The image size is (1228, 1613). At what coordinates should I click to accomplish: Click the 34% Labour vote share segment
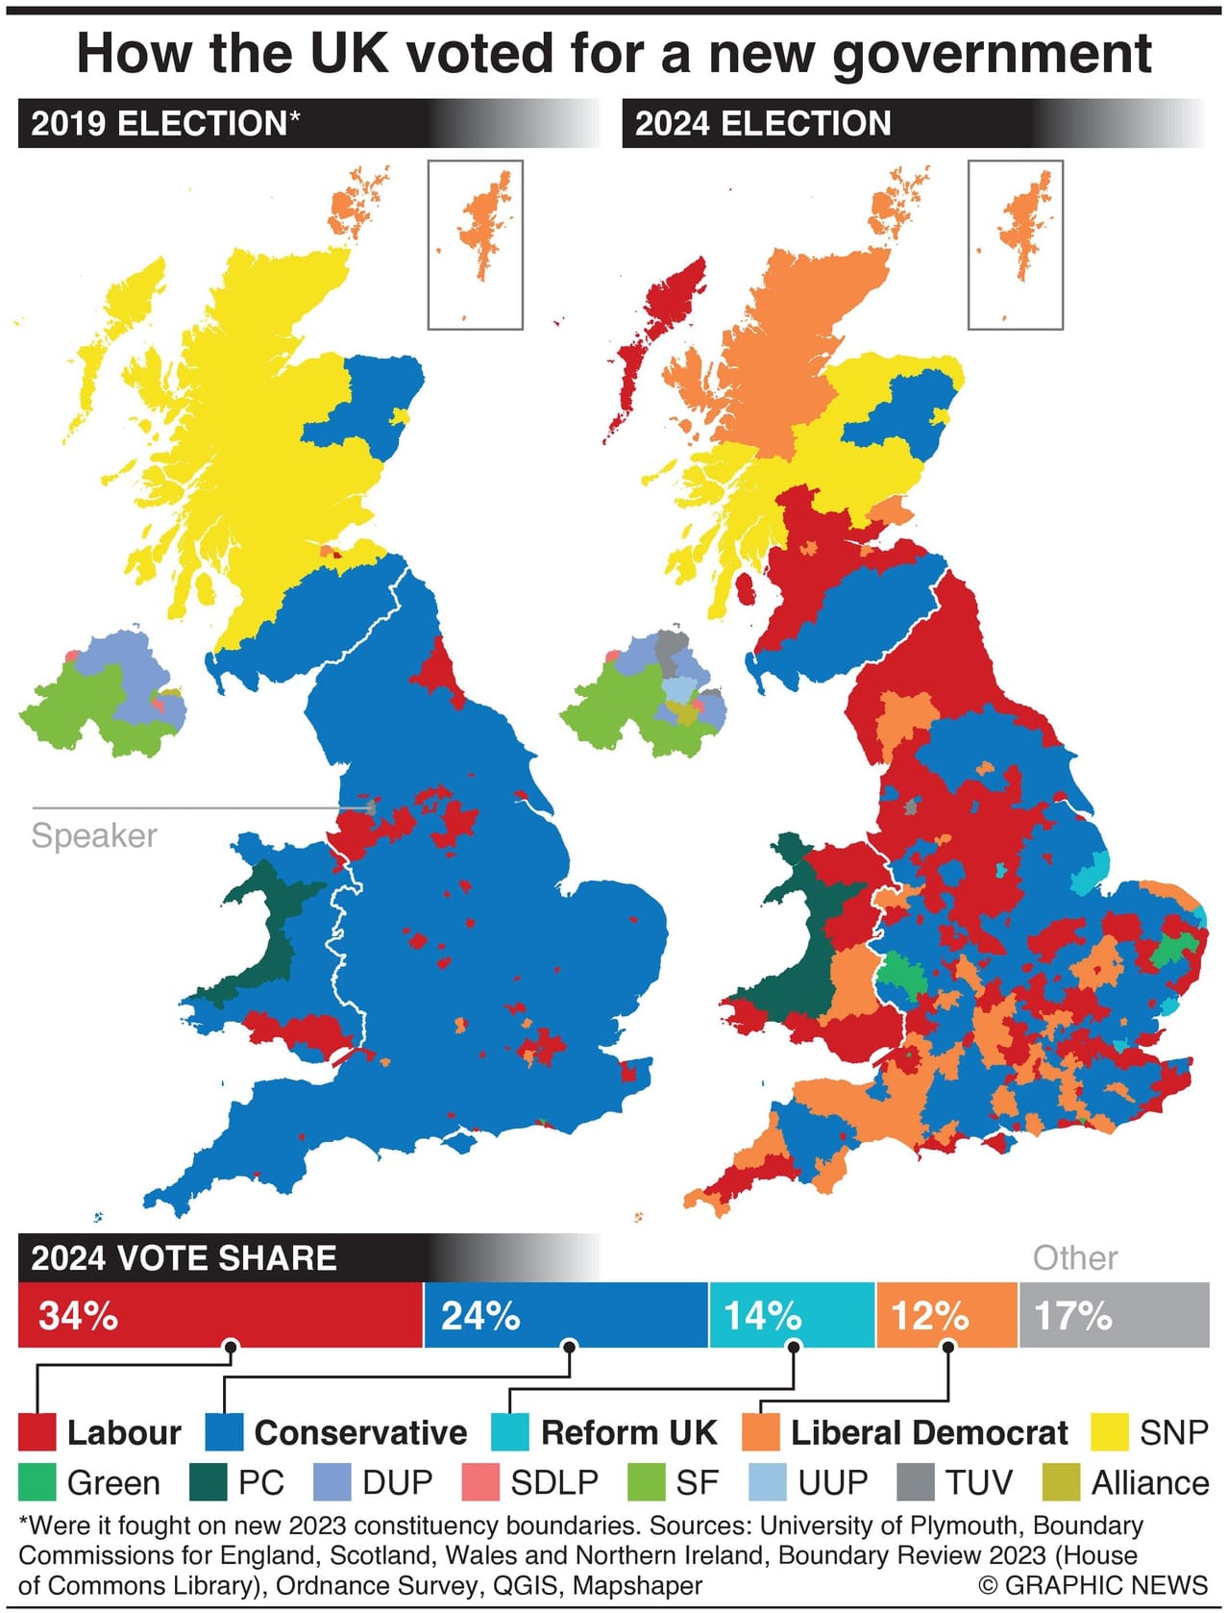click(x=220, y=1314)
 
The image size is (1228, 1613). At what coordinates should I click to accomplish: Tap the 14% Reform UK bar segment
click(x=792, y=1314)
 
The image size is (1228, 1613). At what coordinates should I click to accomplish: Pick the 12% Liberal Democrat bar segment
click(x=946, y=1314)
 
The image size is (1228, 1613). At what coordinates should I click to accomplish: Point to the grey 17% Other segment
click(x=1113, y=1314)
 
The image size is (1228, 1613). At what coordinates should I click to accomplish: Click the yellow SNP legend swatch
click(x=1110, y=1432)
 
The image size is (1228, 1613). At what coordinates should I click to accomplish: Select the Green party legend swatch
click(x=37, y=1482)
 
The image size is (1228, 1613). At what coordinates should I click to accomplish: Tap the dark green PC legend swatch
click(x=208, y=1482)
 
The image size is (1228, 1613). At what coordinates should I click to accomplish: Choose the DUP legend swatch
click(x=332, y=1482)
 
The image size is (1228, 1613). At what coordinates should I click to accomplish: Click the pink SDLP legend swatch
click(x=480, y=1482)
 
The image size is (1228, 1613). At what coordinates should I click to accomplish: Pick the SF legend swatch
click(x=646, y=1482)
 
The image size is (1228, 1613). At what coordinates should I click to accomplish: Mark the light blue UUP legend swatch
click(x=768, y=1482)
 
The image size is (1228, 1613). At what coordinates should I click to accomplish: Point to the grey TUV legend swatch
click(x=915, y=1482)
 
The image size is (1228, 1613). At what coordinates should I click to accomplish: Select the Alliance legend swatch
click(x=1061, y=1482)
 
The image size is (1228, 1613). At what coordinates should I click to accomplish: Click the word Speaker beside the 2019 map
click(x=94, y=835)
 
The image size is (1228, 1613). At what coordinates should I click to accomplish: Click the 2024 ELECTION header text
click(x=763, y=123)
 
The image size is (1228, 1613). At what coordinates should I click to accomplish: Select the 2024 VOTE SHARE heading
click(x=184, y=1257)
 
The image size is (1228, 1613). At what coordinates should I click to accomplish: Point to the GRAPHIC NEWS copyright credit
click(x=1093, y=1585)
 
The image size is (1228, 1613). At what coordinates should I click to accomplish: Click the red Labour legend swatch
click(x=37, y=1432)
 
